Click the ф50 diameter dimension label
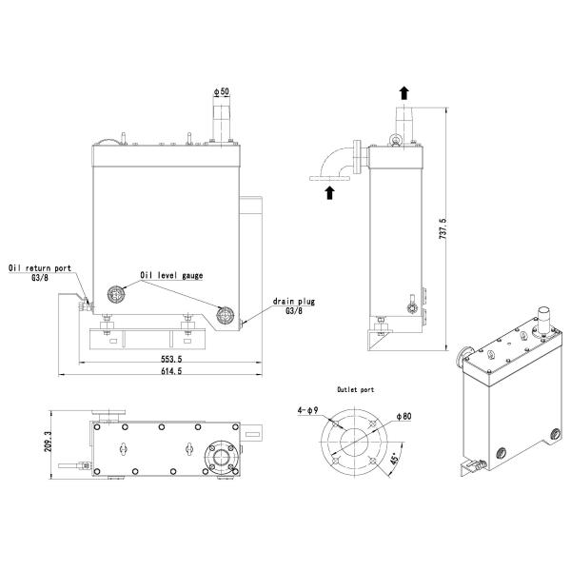tap(222, 91)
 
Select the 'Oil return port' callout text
tap(40, 269)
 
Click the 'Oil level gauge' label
tap(171, 276)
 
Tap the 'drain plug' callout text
tap(294, 301)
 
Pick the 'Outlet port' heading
tap(356, 389)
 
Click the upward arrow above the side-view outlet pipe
tap(404, 92)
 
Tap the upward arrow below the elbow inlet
tap(330, 193)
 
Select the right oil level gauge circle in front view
tap(226, 315)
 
